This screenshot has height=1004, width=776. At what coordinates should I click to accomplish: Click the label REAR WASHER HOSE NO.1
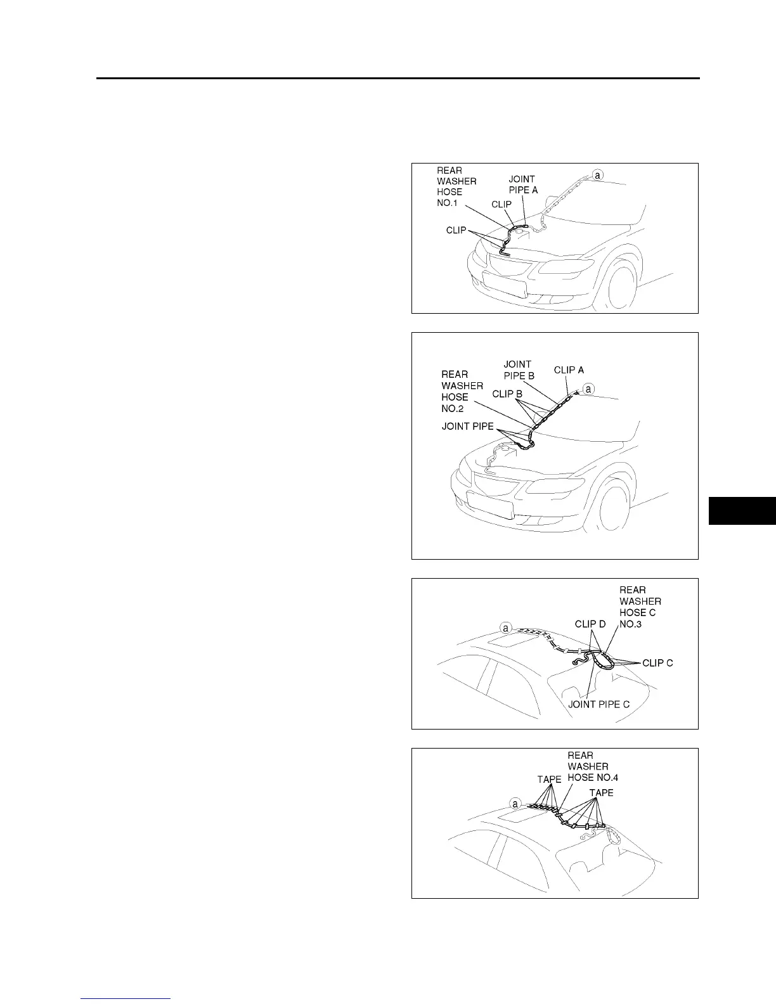456,186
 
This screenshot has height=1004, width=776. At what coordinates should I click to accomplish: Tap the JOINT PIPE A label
522,184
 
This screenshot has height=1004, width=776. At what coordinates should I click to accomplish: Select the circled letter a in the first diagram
597,174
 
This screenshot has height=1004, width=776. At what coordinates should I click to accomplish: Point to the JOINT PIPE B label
519,370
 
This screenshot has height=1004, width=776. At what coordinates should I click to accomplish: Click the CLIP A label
569,370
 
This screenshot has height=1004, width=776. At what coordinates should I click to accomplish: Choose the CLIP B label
507,394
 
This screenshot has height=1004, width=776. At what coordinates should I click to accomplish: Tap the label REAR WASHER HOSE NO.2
462,391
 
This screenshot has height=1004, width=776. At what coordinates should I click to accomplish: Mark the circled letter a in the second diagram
589,389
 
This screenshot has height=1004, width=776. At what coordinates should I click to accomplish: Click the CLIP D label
590,624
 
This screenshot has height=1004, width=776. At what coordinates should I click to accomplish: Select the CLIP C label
657,663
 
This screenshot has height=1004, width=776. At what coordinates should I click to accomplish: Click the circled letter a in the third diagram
506,628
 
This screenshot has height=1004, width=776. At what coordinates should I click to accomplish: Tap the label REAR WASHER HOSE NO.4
592,766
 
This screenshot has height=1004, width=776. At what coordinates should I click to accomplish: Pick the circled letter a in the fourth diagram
515,804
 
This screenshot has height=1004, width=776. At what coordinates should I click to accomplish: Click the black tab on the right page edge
742,511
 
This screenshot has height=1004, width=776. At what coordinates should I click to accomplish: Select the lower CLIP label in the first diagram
456,230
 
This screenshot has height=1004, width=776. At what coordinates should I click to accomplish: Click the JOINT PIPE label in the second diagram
467,427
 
